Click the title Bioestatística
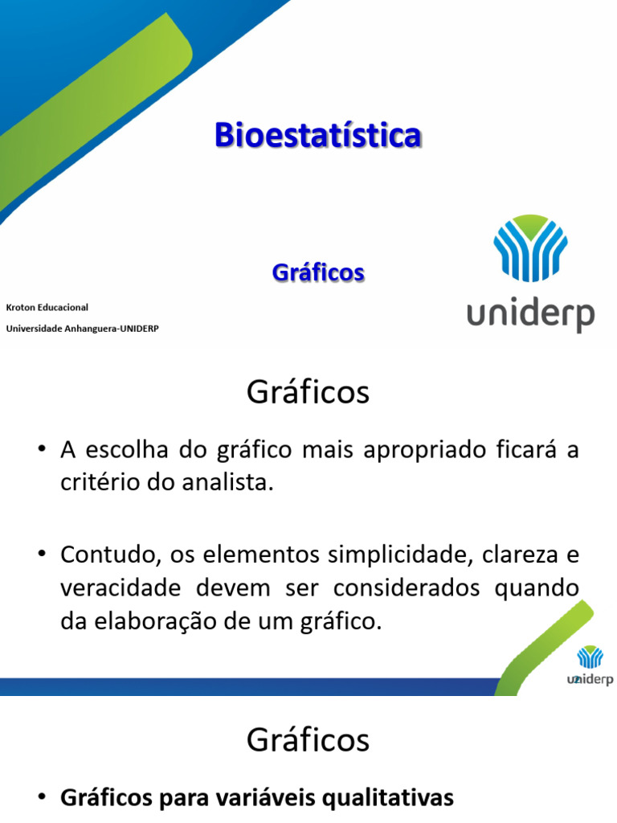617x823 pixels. (x=318, y=135)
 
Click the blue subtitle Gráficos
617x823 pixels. (x=318, y=273)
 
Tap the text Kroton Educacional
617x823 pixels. (x=47, y=308)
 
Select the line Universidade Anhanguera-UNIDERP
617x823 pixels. (x=83, y=329)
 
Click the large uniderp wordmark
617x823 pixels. (x=530, y=315)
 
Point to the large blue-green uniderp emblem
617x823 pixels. (x=530, y=248)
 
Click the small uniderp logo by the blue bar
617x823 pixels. (x=590, y=665)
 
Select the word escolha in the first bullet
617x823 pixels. (x=127, y=450)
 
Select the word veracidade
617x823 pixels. (x=121, y=588)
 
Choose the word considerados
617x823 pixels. (x=406, y=588)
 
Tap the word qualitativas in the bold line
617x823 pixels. (x=388, y=798)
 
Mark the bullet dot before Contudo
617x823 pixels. (x=43, y=554)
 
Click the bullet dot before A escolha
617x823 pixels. (x=43, y=448)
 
